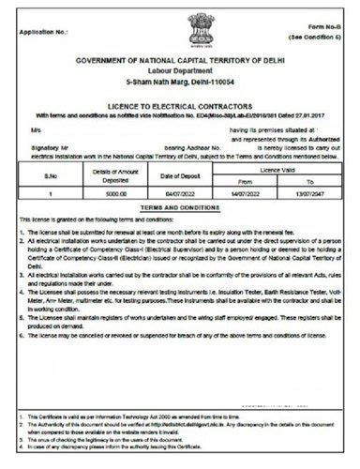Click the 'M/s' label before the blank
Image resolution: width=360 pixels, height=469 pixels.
36,129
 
